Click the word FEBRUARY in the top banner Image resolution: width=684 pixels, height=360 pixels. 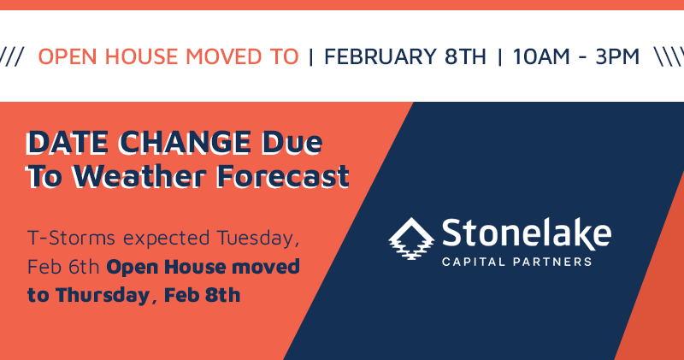pyautogui.click(x=380, y=56)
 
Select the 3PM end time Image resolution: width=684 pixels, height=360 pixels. pyautogui.click(x=617, y=56)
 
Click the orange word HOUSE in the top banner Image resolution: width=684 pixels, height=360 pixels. pyautogui.click(x=141, y=56)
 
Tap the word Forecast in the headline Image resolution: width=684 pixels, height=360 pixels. pyautogui.click(x=283, y=176)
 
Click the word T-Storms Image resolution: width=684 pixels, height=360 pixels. pyautogui.click(x=71, y=239)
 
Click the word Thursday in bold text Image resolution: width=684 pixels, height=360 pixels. pyautogui.click(x=103, y=295)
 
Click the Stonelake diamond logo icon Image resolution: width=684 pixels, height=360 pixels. pyautogui.click(x=411, y=239)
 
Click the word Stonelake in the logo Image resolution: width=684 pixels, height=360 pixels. pyautogui.click(x=526, y=234)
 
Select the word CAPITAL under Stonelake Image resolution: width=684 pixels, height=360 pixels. pyautogui.click(x=474, y=262)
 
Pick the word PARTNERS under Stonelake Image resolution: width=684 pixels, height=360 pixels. pyautogui.click(x=552, y=262)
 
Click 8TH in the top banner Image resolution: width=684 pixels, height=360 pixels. pyautogui.click(x=465, y=56)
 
